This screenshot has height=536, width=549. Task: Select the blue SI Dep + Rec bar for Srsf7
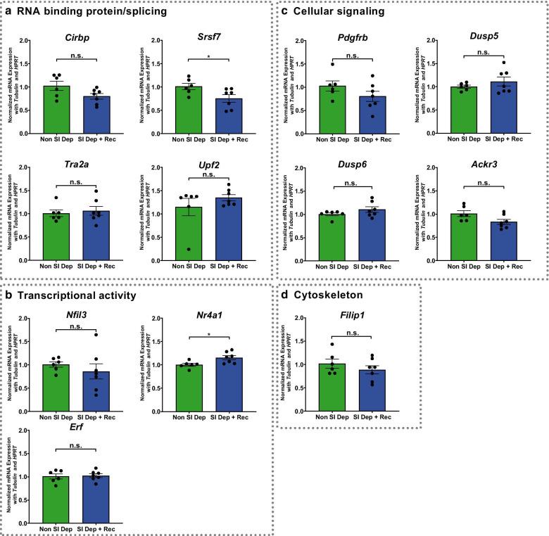tap(208, 117)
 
